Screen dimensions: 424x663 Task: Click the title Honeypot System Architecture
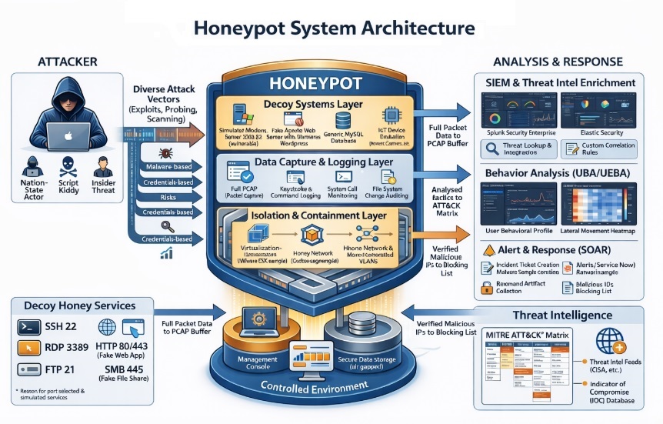click(x=332, y=29)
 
